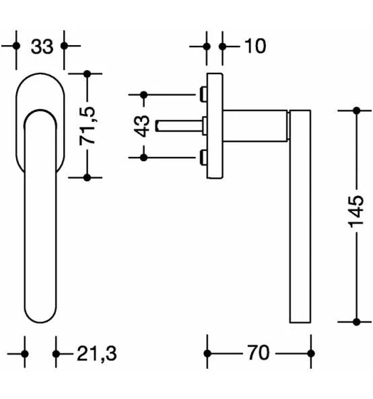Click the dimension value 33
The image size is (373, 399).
(x=42, y=47)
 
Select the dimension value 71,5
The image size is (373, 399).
(x=88, y=125)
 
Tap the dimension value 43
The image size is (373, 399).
(x=142, y=125)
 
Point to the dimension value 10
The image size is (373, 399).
(x=255, y=47)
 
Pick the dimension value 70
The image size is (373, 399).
(x=258, y=352)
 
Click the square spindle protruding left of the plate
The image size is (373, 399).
(x=178, y=125)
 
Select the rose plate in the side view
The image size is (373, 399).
(x=214, y=125)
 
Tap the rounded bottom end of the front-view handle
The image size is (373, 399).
(x=41, y=317)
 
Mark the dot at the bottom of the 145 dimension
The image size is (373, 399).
(x=358, y=321)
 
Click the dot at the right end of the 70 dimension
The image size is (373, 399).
(x=310, y=353)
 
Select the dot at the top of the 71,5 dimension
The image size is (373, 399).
(x=87, y=73)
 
